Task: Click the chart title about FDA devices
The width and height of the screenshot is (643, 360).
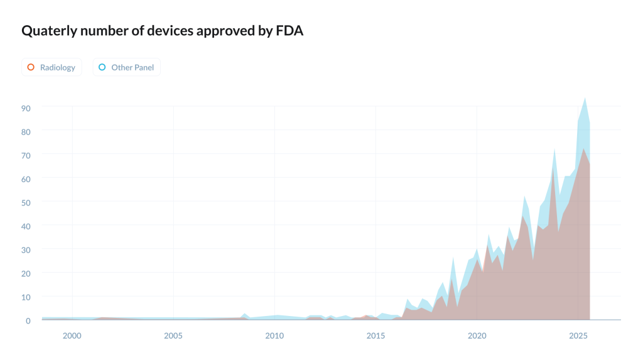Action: (163, 31)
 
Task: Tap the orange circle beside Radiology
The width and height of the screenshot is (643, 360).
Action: (31, 67)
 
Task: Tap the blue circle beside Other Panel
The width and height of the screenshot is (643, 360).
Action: (102, 67)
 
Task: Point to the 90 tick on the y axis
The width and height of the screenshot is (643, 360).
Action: (26, 107)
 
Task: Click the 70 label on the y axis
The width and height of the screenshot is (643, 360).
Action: (26, 155)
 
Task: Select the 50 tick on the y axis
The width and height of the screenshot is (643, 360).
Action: (26, 202)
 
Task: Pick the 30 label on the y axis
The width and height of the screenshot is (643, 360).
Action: (26, 249)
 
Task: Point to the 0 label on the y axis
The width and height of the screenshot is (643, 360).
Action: (28, 320)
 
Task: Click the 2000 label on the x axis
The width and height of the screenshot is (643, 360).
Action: (72, 336)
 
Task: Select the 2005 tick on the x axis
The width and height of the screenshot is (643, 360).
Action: (173, 336)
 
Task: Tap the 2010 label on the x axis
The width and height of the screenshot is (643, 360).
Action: (274, 336)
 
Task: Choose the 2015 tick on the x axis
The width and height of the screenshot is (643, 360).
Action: (376, 336)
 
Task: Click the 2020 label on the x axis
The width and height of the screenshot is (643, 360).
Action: (477, 336)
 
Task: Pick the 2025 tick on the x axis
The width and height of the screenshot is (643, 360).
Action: (578, 336)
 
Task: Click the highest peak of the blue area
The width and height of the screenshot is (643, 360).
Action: (585, 98)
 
